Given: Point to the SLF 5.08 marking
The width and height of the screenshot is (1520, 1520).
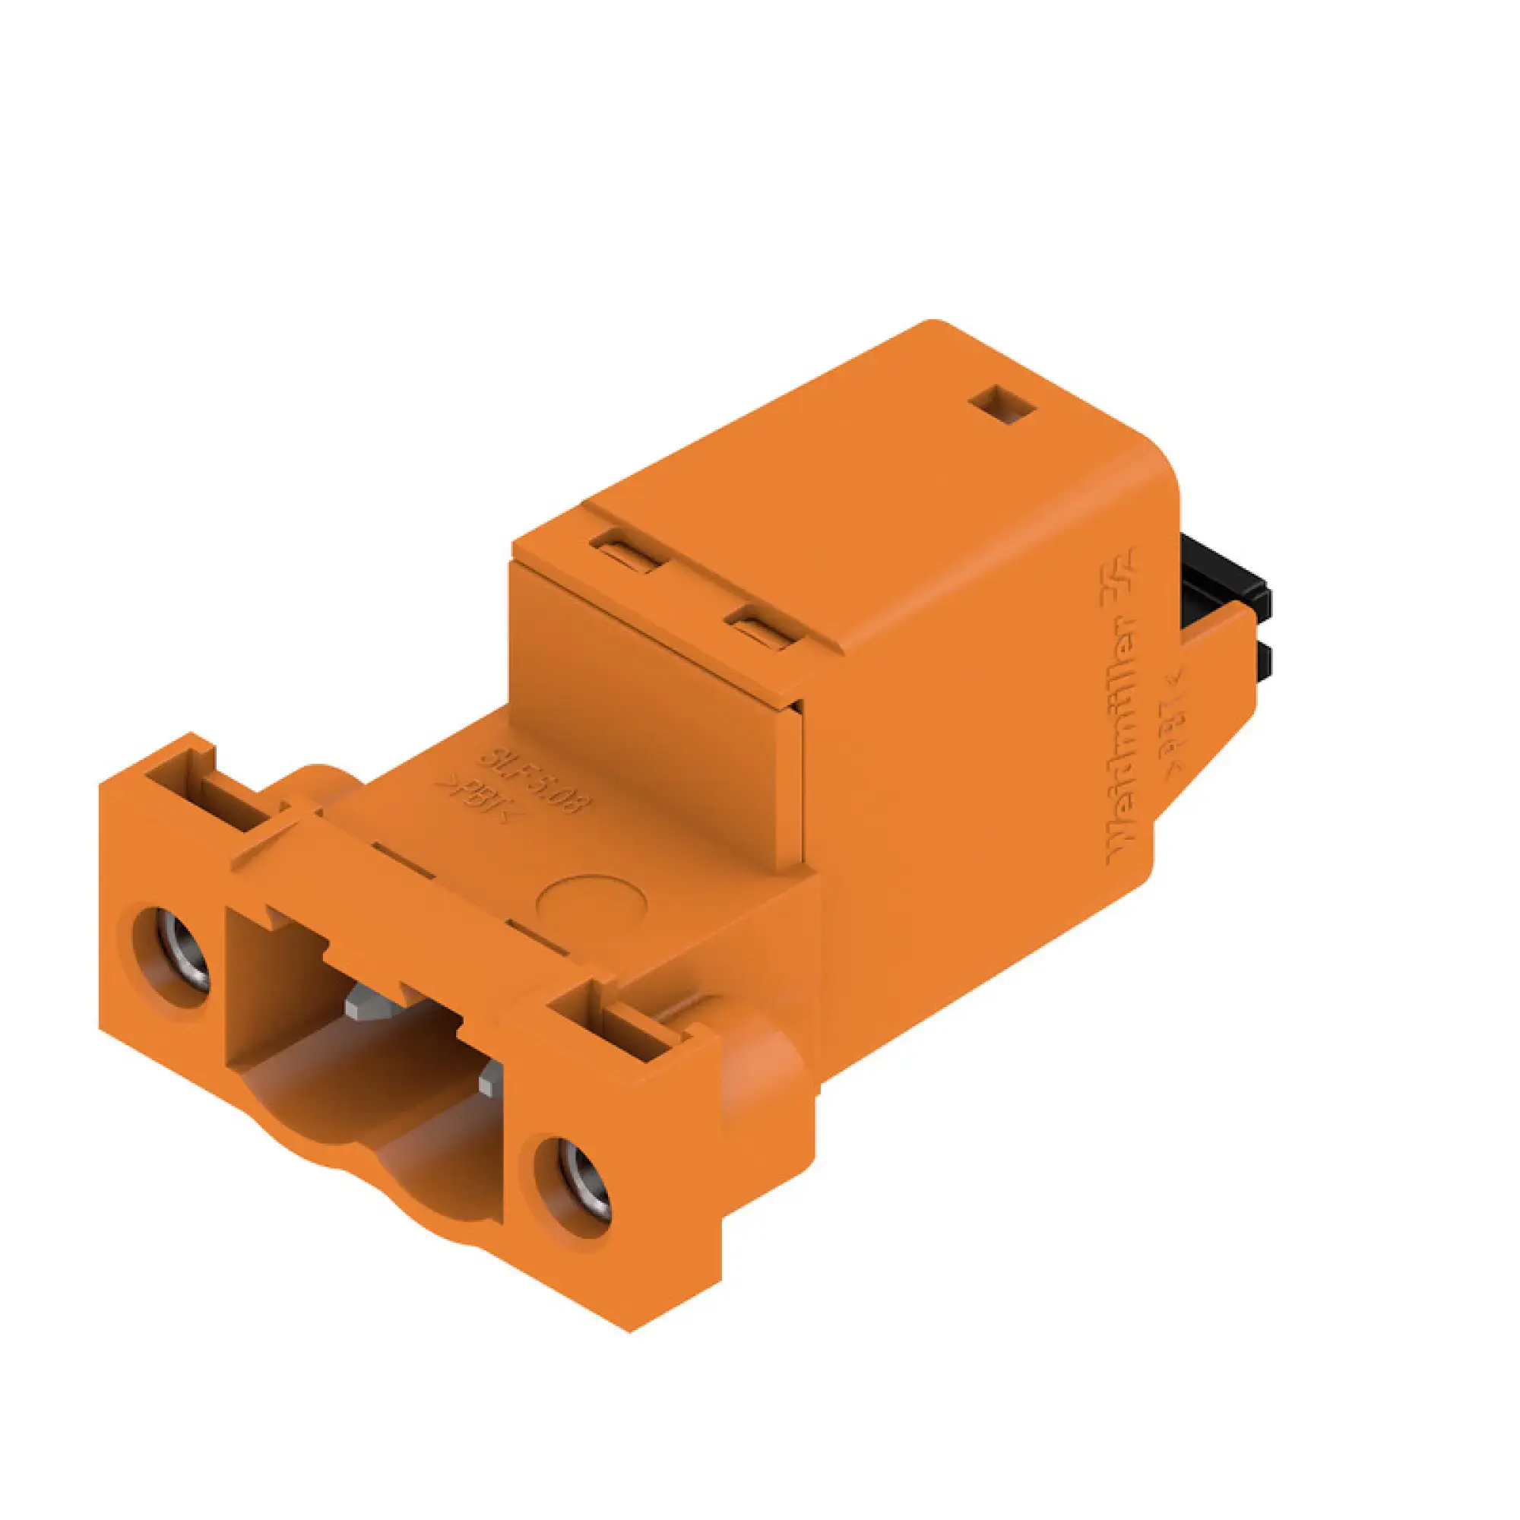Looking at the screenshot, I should point(534,779).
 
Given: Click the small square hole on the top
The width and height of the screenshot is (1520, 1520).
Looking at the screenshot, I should point(1003,404).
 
